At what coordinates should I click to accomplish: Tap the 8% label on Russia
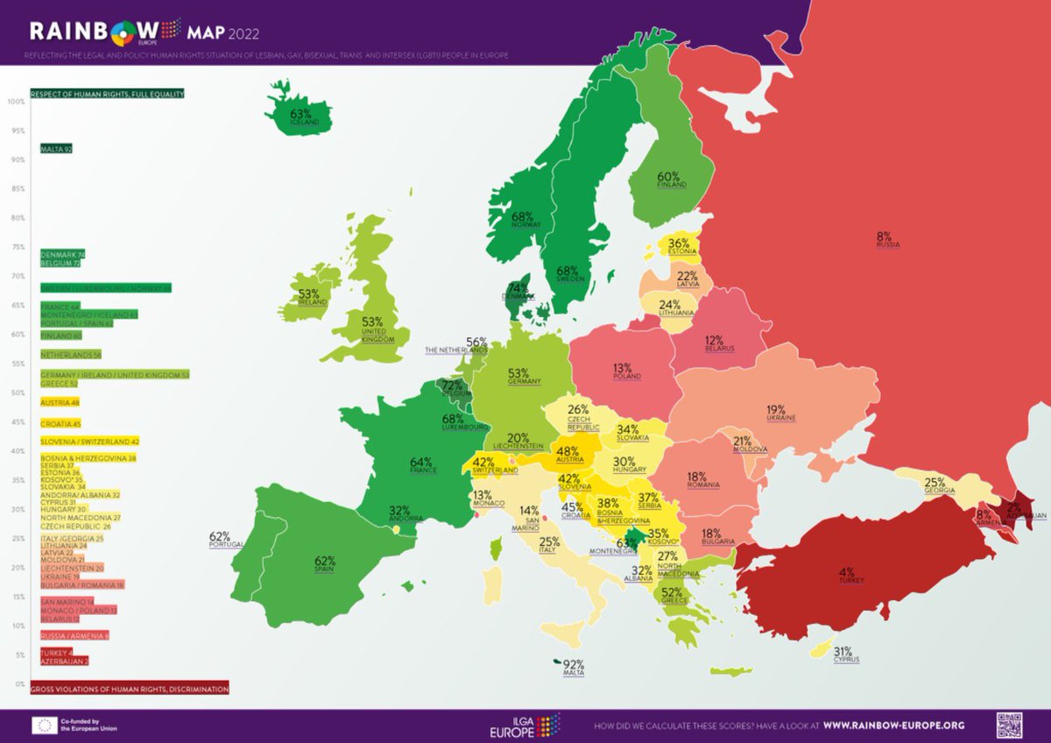(883, 237)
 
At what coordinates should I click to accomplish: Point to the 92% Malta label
(574, 664)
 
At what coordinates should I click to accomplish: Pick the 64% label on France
(422, 462)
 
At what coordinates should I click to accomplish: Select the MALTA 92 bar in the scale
(55, 149)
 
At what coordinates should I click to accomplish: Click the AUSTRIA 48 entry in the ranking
(60, 403)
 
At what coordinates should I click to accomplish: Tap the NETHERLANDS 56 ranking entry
(71, 355)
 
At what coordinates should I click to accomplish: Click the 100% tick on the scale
(15, 102)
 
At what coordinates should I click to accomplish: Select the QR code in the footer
(1008, 725)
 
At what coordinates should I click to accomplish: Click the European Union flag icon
(45, 725)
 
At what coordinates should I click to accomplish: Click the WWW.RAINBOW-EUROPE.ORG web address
(893, 725)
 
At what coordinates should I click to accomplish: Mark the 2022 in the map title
(244, 34)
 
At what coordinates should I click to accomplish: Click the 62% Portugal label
(219, 537)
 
